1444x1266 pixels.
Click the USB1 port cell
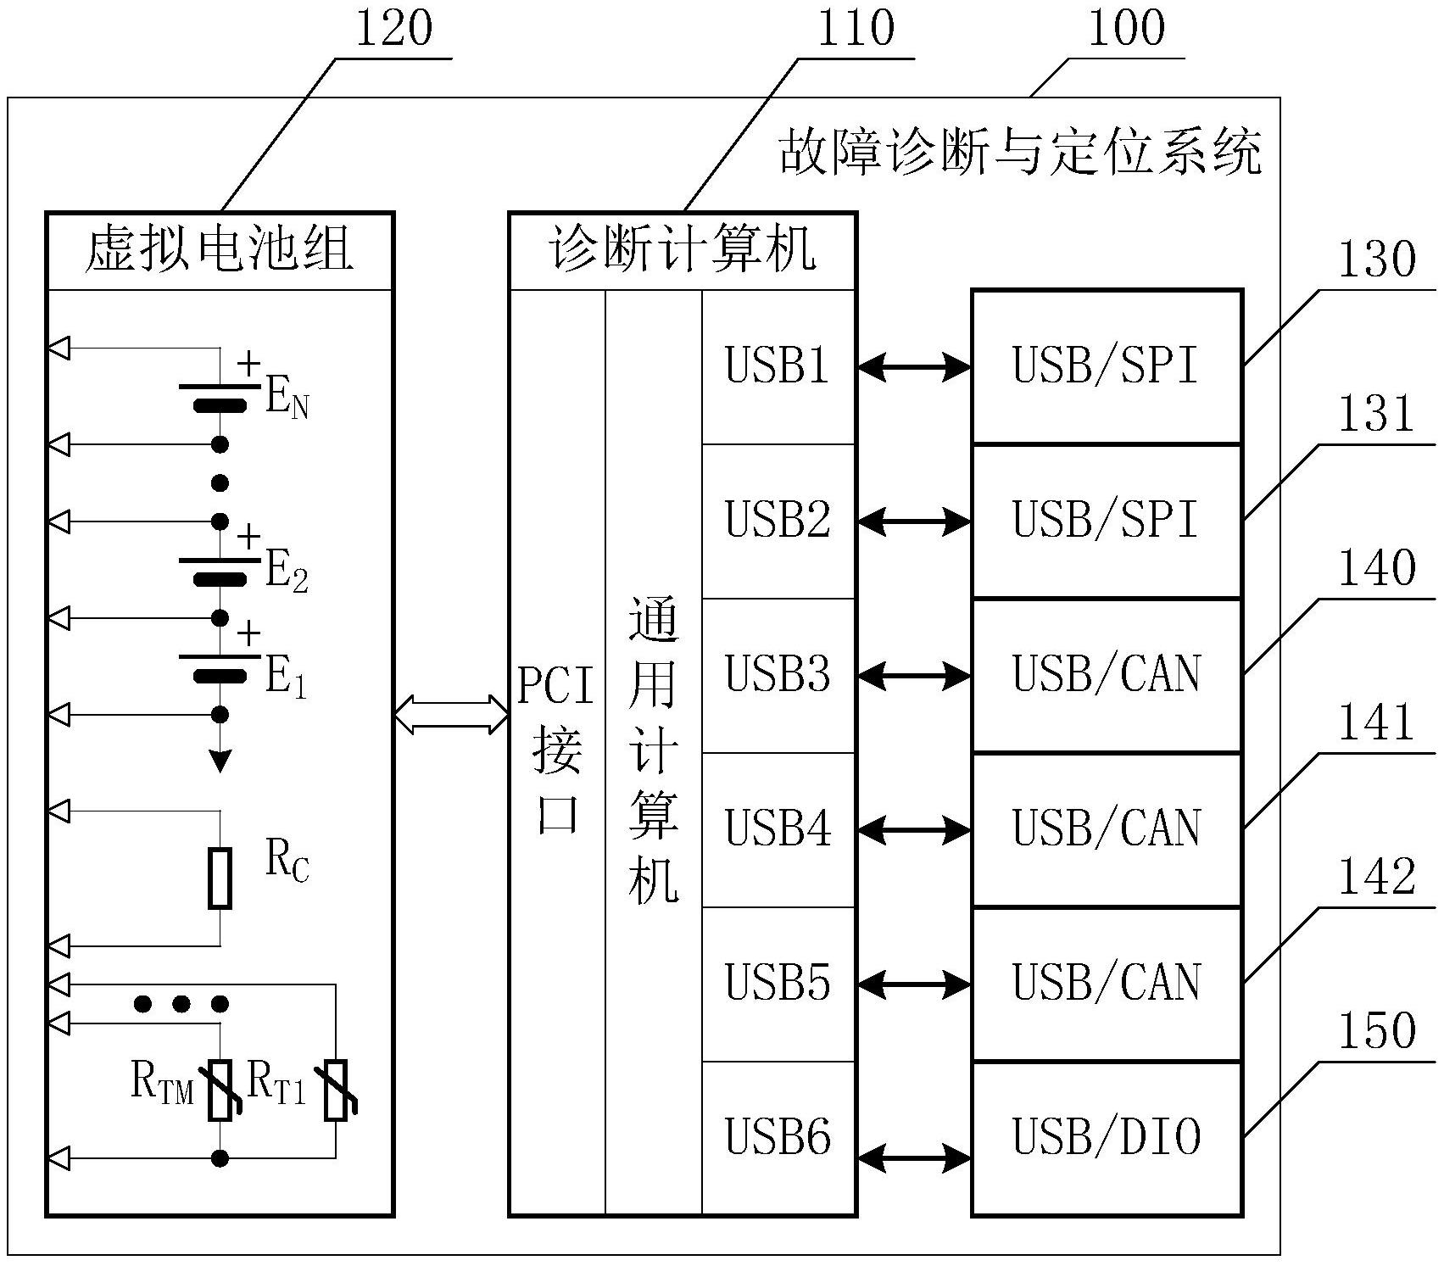(778, 366)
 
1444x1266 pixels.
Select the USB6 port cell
(778, 1137)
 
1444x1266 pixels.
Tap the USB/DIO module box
(1107, 1137)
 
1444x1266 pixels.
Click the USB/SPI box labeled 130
(1107, 366)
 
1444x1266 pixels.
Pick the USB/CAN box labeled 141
(1107, 828)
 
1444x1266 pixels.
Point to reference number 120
(393, 28)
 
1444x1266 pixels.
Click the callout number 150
(1376, 1031)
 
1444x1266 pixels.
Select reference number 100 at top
(1126, 28)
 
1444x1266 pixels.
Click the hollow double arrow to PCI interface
(451, 714)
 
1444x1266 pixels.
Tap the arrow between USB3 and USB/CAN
(914, 676)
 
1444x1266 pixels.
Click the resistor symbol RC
(220, 878)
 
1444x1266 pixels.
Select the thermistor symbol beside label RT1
(337, 1090)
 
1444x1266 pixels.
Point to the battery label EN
(287, 398)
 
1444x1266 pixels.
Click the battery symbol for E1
(220, 666)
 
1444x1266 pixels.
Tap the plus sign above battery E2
(248, 537)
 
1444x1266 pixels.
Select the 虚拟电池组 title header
(220, 251)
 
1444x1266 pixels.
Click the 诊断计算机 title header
(683, 251)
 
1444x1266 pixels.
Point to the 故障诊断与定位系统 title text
(1020, 153)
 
